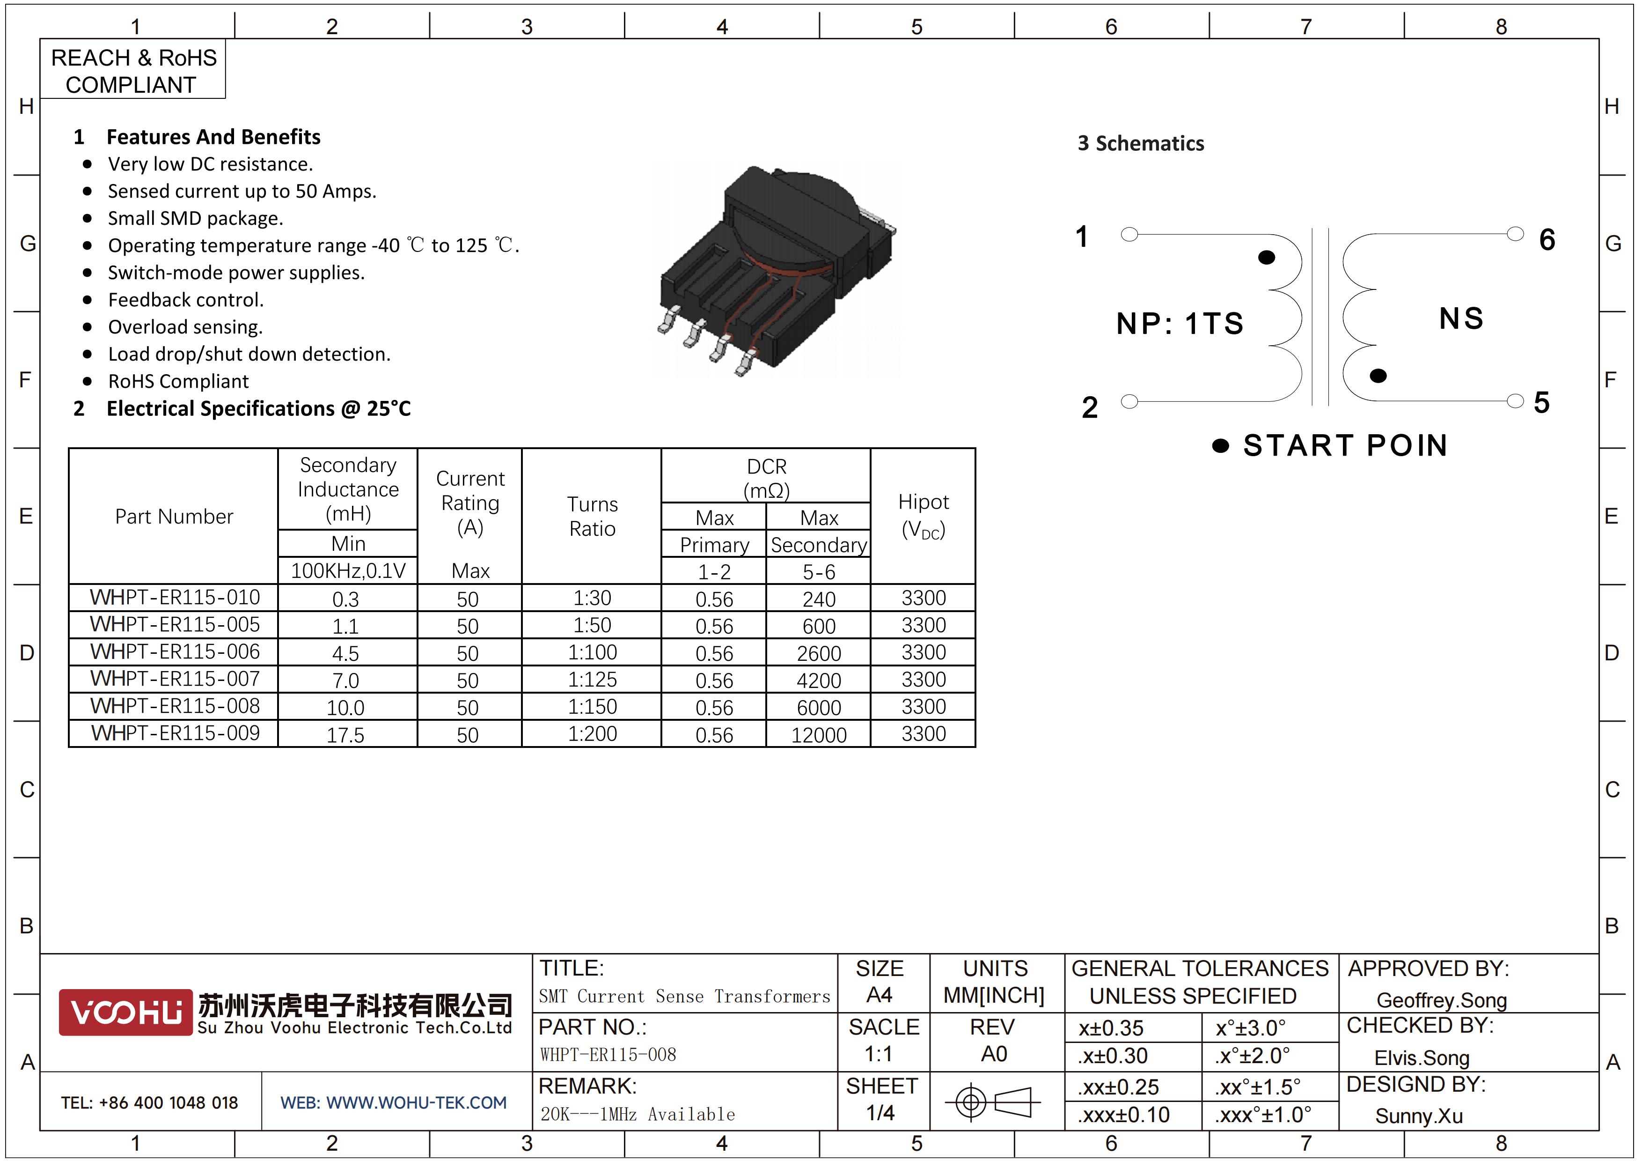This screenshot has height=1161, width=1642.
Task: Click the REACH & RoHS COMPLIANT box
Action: pyautogui.click(x=133, y=69)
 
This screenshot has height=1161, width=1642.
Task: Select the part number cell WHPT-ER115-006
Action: pyautogui.click(x=175, y=651)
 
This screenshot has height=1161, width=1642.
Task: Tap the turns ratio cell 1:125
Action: pyautogui.click(x=592, y=679)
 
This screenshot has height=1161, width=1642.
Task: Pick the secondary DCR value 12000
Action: pyautogui.click(x=819, y=735)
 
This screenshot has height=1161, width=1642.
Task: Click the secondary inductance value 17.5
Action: pyautogui.click(x=345, y=735)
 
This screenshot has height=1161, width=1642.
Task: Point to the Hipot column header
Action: pyautogui.click(x=923, y=516)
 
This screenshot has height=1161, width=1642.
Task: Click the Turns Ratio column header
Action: pyautogui.click(x=592, y=516)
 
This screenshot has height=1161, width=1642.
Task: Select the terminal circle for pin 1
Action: pyautogui.click(x=1129, y=234)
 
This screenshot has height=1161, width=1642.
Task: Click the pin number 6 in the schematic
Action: pyautogui.click(x=1547, y=240)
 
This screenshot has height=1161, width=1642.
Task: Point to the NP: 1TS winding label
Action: pyautogui.click(x=1180, y=323)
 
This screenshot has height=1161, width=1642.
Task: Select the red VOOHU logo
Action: pyautogui.click(x=125, y=1012)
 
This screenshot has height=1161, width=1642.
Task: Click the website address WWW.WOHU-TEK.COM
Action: pyautogui.click(x=416, y=1102)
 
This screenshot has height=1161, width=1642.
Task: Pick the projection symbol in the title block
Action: pyautogui.click(x=992, y=1102)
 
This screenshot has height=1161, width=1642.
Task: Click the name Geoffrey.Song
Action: pyautogui.click(x=1441, y=1000)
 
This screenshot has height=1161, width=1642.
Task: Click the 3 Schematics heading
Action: pyautogui.click(x=1141, y=143)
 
